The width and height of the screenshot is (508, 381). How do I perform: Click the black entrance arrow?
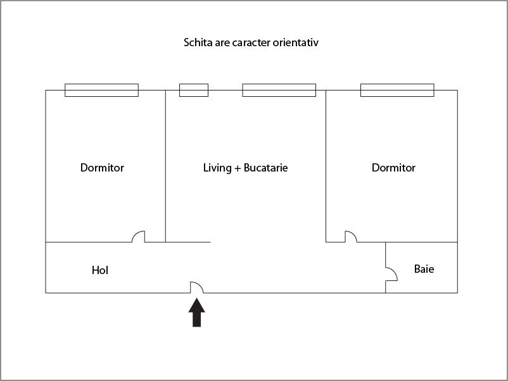[x=196, y=313]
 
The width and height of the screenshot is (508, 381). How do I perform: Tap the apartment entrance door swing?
[x=196, y=287]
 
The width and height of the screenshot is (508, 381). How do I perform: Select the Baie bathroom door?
[x=391, y=274]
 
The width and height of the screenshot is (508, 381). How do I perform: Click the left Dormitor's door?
[x=138, y=236]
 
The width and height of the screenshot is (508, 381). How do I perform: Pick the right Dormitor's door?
[x=351, y=236]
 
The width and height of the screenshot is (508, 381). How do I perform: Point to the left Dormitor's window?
[x=102, y=91]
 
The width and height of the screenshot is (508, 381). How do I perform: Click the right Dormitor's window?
[x=397, y=91]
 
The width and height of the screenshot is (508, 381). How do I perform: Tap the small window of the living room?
[x=194, y=91]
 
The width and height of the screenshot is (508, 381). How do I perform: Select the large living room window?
[x=279, y=91]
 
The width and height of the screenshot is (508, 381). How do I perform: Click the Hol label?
[x=100, y=270]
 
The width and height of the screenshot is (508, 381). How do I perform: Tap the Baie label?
[x=424, y=269]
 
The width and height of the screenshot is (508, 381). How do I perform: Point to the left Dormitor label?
[x=102, y=168]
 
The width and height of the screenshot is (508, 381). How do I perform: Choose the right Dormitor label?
[x=393, y=168]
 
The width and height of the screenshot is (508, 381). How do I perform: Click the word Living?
[x=217, y=168]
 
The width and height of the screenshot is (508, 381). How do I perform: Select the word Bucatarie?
[x=265, y=168]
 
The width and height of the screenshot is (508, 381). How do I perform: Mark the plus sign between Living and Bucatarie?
[x=238, y=168]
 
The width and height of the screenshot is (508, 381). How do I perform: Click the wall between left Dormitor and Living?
[x=165, y=166]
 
